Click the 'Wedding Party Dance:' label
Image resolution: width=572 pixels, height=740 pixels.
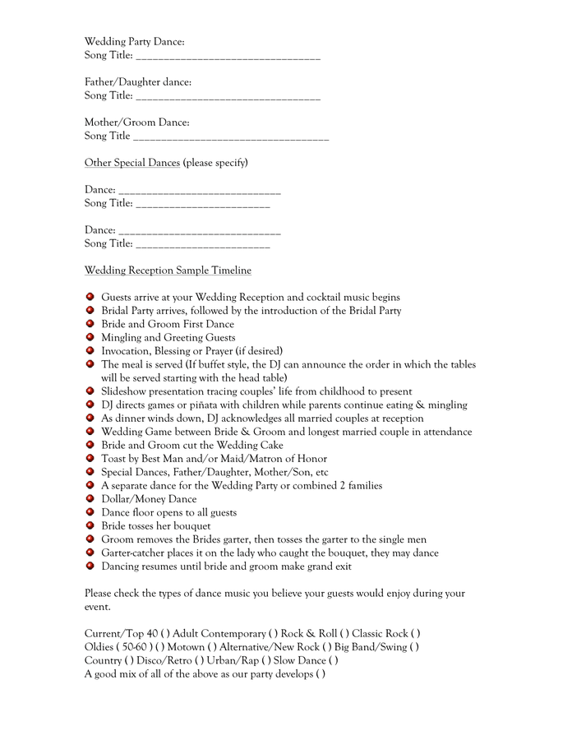pyautogui.click(x=134, y=41)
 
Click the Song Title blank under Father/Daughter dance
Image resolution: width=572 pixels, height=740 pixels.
pyautogui.click(x=228, y=97)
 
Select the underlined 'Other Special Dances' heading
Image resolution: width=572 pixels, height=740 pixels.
pyautogui.click(x=131, y=163)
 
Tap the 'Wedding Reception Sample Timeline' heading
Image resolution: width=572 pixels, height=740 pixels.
pyautogui.click(x=168, y=271)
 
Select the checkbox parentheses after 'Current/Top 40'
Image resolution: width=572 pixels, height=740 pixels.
pyautogui.click(x=165, y=633)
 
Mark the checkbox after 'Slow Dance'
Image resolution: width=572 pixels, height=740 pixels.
pyautogui.click(x=333, y=660)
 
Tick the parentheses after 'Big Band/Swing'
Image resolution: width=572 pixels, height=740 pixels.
pyautogui.click(x=414, y=647)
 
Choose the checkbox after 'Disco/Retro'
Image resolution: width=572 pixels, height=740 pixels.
pyautogui.click(x=200, y=660)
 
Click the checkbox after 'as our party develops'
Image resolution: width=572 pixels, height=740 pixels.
pyautogui.click(x=321, y=674)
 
